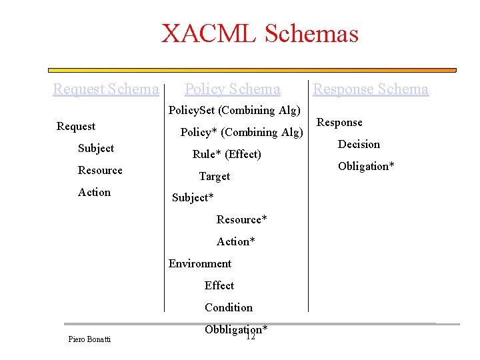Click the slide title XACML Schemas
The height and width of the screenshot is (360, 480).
click(x=260, y=33)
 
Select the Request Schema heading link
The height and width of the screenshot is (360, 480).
click(x=106, y=89)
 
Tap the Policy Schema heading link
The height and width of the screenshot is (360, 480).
click(x=232, y=89)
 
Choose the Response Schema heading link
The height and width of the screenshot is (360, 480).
click(x=371, y=89)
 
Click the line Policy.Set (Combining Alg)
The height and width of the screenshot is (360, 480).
click(x=235, y=110)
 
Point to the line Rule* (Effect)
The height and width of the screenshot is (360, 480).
click(x=227, y=154)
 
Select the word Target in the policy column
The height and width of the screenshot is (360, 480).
click(x=214, y=176)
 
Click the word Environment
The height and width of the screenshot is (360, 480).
click(x=200, y=263)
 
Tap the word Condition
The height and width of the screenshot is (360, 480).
click(x=229, y=307)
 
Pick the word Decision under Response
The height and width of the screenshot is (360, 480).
click(x=359, y=144)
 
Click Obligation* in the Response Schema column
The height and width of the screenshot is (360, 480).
click(x=366, y=166)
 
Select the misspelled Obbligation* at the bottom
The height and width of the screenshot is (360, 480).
click(x=236, y=329)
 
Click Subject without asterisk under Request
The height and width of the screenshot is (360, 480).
click(x=95, y=148)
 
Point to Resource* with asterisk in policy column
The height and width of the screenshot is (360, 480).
click(x=241, y=219)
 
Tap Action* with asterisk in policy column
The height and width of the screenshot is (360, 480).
click(x=235, y=241)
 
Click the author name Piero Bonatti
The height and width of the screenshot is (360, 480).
click(x=89, y=339)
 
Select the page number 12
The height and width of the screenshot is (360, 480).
click(x=251, y=337)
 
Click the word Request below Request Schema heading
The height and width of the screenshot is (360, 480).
click(x=76, y=126)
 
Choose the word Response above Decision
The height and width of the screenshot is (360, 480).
click(x=339, y=122)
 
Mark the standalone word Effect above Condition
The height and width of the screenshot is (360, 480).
click(x=219, y=285)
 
